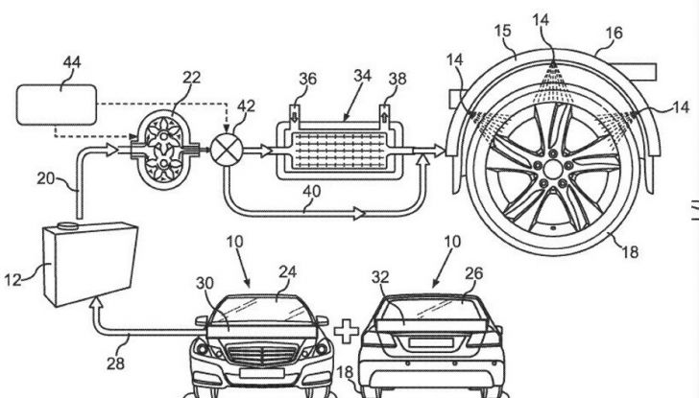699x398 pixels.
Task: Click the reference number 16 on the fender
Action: (x=615, y=33)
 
